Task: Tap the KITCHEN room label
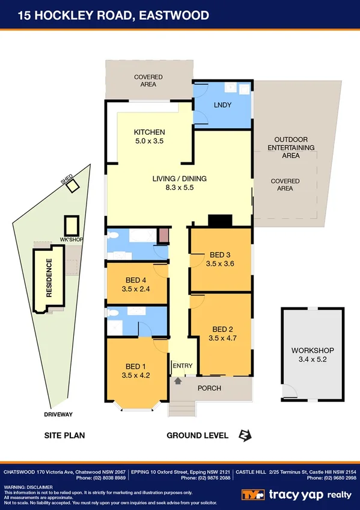pyautogui.click(x=149, y=132)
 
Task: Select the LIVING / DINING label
pyautogui.click(x=178, y=178)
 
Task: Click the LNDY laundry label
pyautogui.click(x=222, y=105)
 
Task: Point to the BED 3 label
pyautogui.click(x=219, y=254)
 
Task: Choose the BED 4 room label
pyautogui.click(x=135, y=280)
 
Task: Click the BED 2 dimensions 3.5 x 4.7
pyautogui.click(x=223, y=338)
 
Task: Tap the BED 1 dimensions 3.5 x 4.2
pyautogui.click(x=135, y=375)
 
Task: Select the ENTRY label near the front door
pyautogui.click(x=182, y=366)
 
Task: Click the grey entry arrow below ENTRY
pyautogui.click(x=178, y=380)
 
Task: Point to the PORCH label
pyautogui.click(x=210, y=388)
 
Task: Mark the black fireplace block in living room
pyautogui.click(x=219, y=221)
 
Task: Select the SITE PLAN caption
pyautogui.click(x=64, y=435)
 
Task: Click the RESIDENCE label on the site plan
pyautogui.click(x=49, y=278)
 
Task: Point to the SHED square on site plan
pyautogui.click(x=72, y=186)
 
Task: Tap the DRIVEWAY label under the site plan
pyautogui.click(x=58, y=414)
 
